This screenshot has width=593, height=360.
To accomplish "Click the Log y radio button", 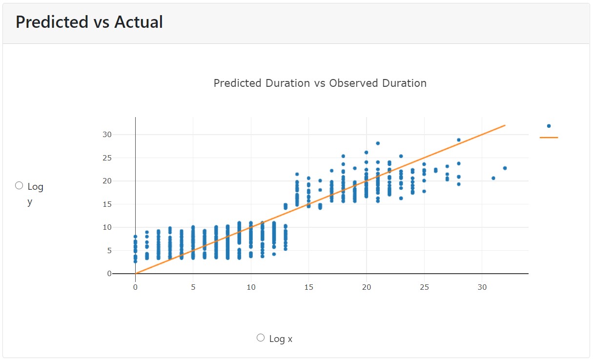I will pyautogui.click(x=20, y=185).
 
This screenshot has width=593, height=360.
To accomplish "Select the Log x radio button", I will pyautogui.click(x=261, y=338).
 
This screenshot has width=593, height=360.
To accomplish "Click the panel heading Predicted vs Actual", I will pyautogui.click(x=89, y=22).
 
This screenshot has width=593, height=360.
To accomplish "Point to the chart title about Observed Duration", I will pyautogui.click(x=320, y=83).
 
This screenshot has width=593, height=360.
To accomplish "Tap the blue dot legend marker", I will pyautogui.click(x=549, y=126).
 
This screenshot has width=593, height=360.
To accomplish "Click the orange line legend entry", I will pyautogui.click(x=549, y=138).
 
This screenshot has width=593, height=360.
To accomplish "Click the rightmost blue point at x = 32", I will pyautogui.click(x=505, y=168).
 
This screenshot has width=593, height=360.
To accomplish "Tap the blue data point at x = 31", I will pyautogui.click(x=493, y=178).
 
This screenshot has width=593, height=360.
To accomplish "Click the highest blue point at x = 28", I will pyautogui.click(x=459, y=140).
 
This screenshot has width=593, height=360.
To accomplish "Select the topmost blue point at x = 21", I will pyautogui.click(x=378, y=143).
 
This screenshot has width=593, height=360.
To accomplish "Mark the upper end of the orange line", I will pyautogui.click(x=505, y=125).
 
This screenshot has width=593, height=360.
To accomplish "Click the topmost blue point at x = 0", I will pyautogui.click(x=135, y=237).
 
